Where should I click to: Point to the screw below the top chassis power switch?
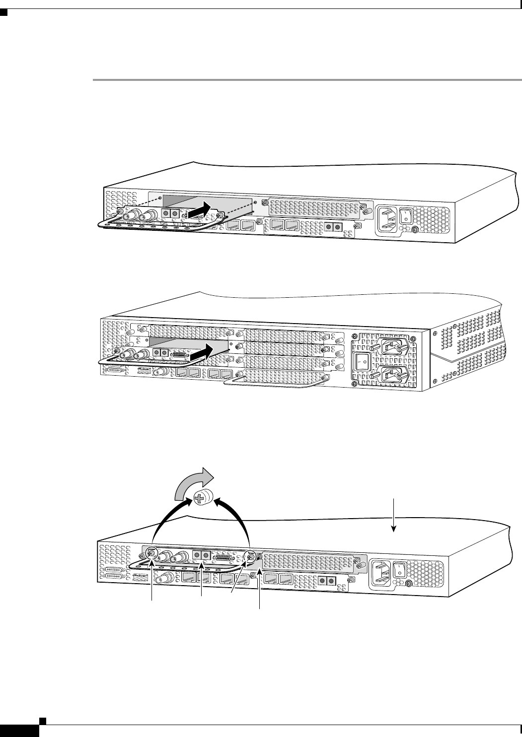[x=415, y=230]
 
